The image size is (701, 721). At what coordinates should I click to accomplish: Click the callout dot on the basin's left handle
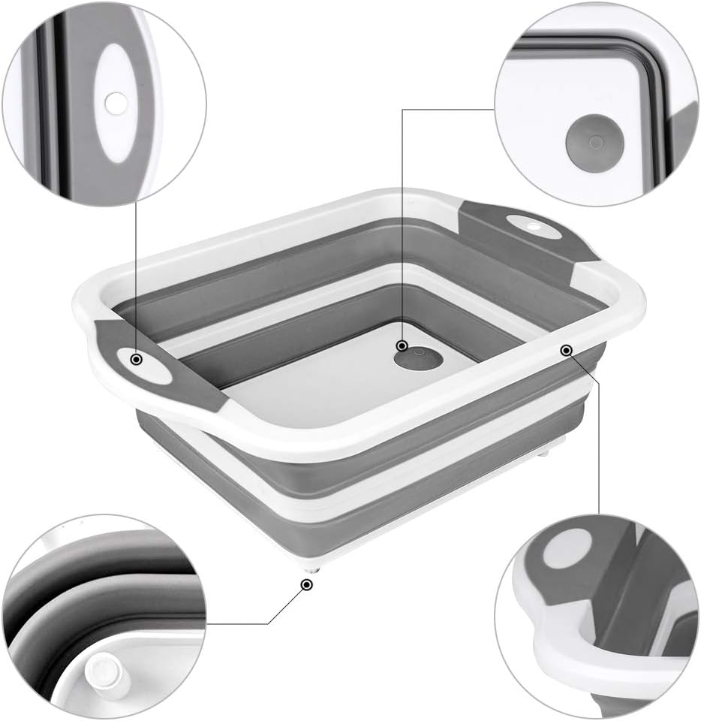tap(137, 360)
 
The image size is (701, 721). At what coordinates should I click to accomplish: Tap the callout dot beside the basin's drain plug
tap(402, 345)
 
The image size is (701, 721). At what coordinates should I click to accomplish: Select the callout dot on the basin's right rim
tap(566, 349)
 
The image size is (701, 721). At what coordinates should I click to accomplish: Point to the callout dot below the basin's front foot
tap(306, 584)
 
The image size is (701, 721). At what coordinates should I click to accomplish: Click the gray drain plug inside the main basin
tap(419, 359)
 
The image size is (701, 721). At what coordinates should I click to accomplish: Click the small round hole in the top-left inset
tap(116, 104)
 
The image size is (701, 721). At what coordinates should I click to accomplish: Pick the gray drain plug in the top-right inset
tap(594, 143)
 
